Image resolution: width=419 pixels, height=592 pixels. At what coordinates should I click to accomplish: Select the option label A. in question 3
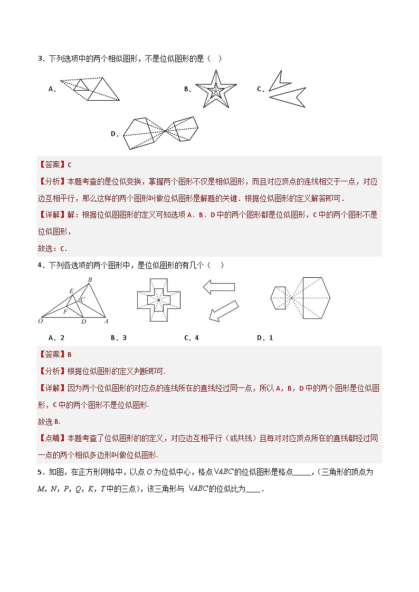pos(52,90)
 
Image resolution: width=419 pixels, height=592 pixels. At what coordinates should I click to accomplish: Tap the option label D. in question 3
pos(115,134)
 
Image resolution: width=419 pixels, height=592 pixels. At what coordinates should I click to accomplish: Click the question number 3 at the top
pos(40,59)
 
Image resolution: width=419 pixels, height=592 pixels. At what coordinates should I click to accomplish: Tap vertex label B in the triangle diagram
pos(90,279)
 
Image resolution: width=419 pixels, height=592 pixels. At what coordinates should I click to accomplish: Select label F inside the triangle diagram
pos(65,312)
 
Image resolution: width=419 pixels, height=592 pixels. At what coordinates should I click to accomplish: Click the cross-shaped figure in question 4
pos(158,300)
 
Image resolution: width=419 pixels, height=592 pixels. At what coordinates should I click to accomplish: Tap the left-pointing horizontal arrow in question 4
pos(218,287)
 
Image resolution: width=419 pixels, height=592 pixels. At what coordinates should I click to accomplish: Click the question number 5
pos(40,472)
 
